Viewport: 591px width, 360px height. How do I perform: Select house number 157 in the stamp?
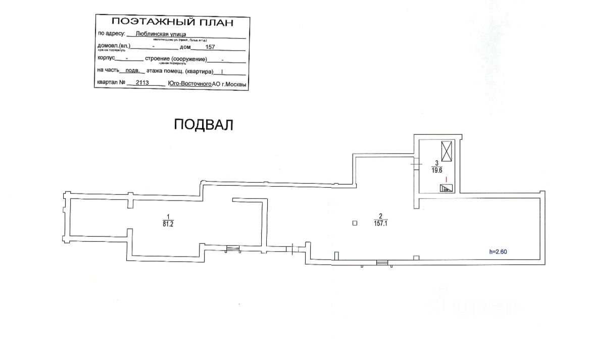point(211,47)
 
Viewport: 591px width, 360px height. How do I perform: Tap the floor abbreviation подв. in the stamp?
point(133,71)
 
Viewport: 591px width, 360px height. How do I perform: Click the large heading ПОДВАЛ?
point(204,125)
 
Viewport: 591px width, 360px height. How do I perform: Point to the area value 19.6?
point(436,170)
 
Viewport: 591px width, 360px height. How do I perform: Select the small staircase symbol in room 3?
point(446,188)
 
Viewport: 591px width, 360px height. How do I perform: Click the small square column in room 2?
point(355,223)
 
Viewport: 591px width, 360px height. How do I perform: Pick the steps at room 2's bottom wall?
point(382,262)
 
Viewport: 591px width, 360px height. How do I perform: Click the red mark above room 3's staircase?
point(446,178)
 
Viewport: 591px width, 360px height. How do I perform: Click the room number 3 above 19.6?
point(436,163)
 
